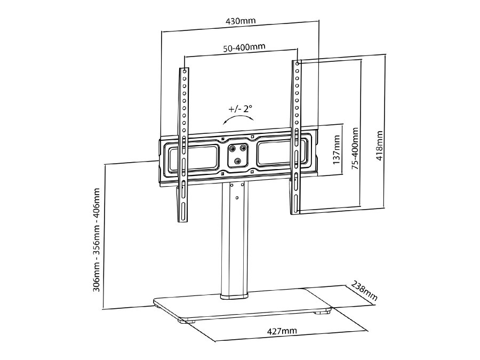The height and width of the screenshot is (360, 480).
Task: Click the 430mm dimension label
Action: (x=241, y=22)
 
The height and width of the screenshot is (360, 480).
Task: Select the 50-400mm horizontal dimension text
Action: (x=244, y=47)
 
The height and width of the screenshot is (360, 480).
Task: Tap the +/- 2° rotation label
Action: (x=241, y=109)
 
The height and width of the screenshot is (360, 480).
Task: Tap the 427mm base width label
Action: (x=282, y=331)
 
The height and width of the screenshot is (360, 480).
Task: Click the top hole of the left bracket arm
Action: (x=185, y=70)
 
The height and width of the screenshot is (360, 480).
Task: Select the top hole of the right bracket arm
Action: (x=298, y=63)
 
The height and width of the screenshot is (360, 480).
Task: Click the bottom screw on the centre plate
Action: (x=237, y=159)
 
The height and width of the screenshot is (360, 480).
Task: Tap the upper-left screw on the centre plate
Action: (x=232, y=148)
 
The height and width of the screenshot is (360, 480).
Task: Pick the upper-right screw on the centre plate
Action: (x=243, y=148)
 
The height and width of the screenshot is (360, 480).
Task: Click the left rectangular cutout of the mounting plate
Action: (x=193, y=156)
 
